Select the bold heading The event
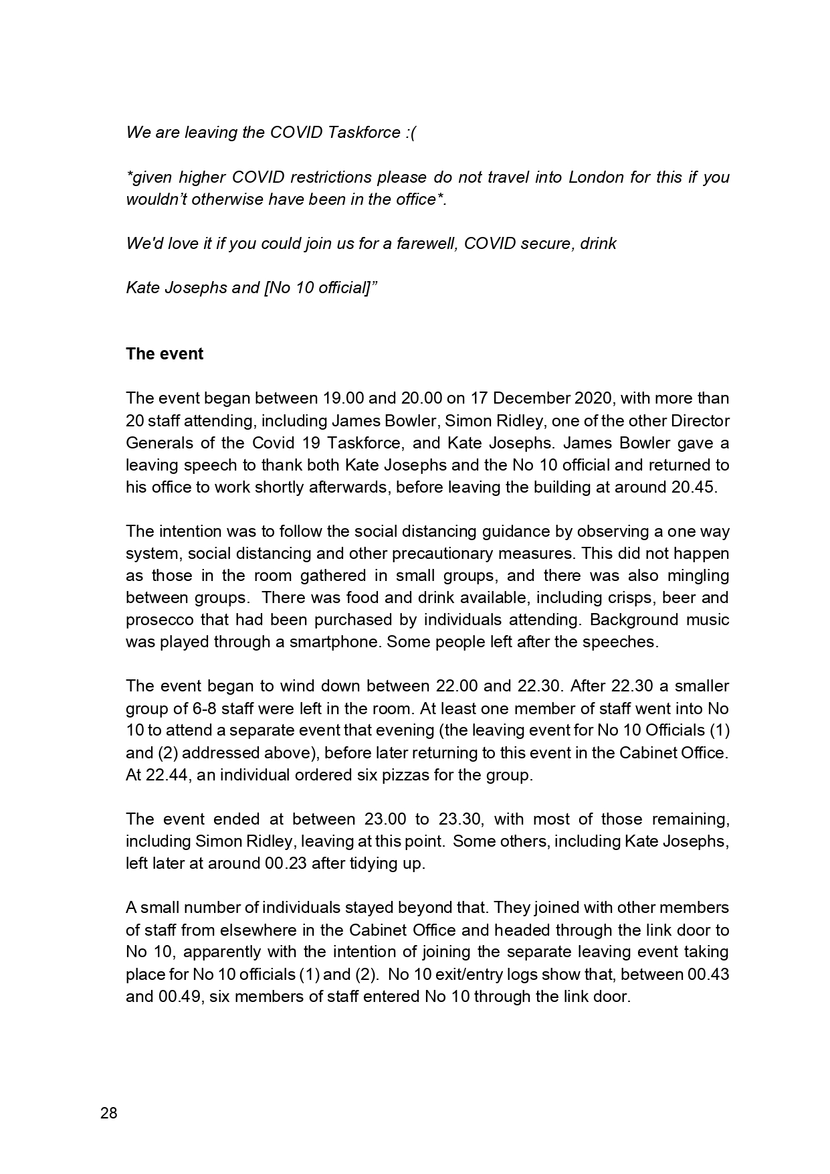(x=165, y=354)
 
